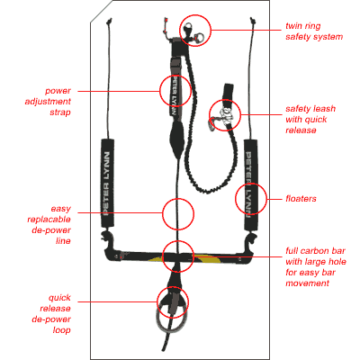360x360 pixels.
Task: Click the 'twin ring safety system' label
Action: tap(314, 31)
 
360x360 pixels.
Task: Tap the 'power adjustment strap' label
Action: tap(48, 102)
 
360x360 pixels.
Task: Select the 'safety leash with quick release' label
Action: tap(310, 120)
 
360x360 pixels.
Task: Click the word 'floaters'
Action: tap(301, 199)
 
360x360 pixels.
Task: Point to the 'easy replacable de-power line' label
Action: tap(49, 225)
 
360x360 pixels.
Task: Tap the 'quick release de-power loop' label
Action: tap(51, 314)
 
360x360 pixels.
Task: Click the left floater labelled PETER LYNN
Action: tap(107, 183)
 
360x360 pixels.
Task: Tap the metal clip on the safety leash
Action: tap(212, 123)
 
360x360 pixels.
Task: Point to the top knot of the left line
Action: tap(110, 21)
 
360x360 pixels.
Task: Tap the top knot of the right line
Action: tap(252, 20)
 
